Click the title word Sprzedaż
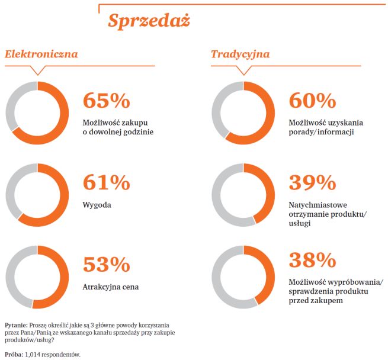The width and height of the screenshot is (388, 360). click(149, 20)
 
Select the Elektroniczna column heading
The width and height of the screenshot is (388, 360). click(41, 54)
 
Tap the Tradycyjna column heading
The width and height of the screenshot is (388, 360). click(240, 54)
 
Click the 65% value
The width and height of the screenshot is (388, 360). click(107, 100)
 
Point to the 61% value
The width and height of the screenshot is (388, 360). click(107, 182)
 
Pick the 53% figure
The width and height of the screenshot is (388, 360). click(107, 263)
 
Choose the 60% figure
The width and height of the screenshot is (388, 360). click(312, 100)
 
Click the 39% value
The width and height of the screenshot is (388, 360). click(312, 182)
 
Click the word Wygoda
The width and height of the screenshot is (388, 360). click(97, 205)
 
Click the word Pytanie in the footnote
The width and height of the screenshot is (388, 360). click(14, 325)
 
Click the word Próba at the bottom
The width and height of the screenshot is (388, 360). click(14, 354)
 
